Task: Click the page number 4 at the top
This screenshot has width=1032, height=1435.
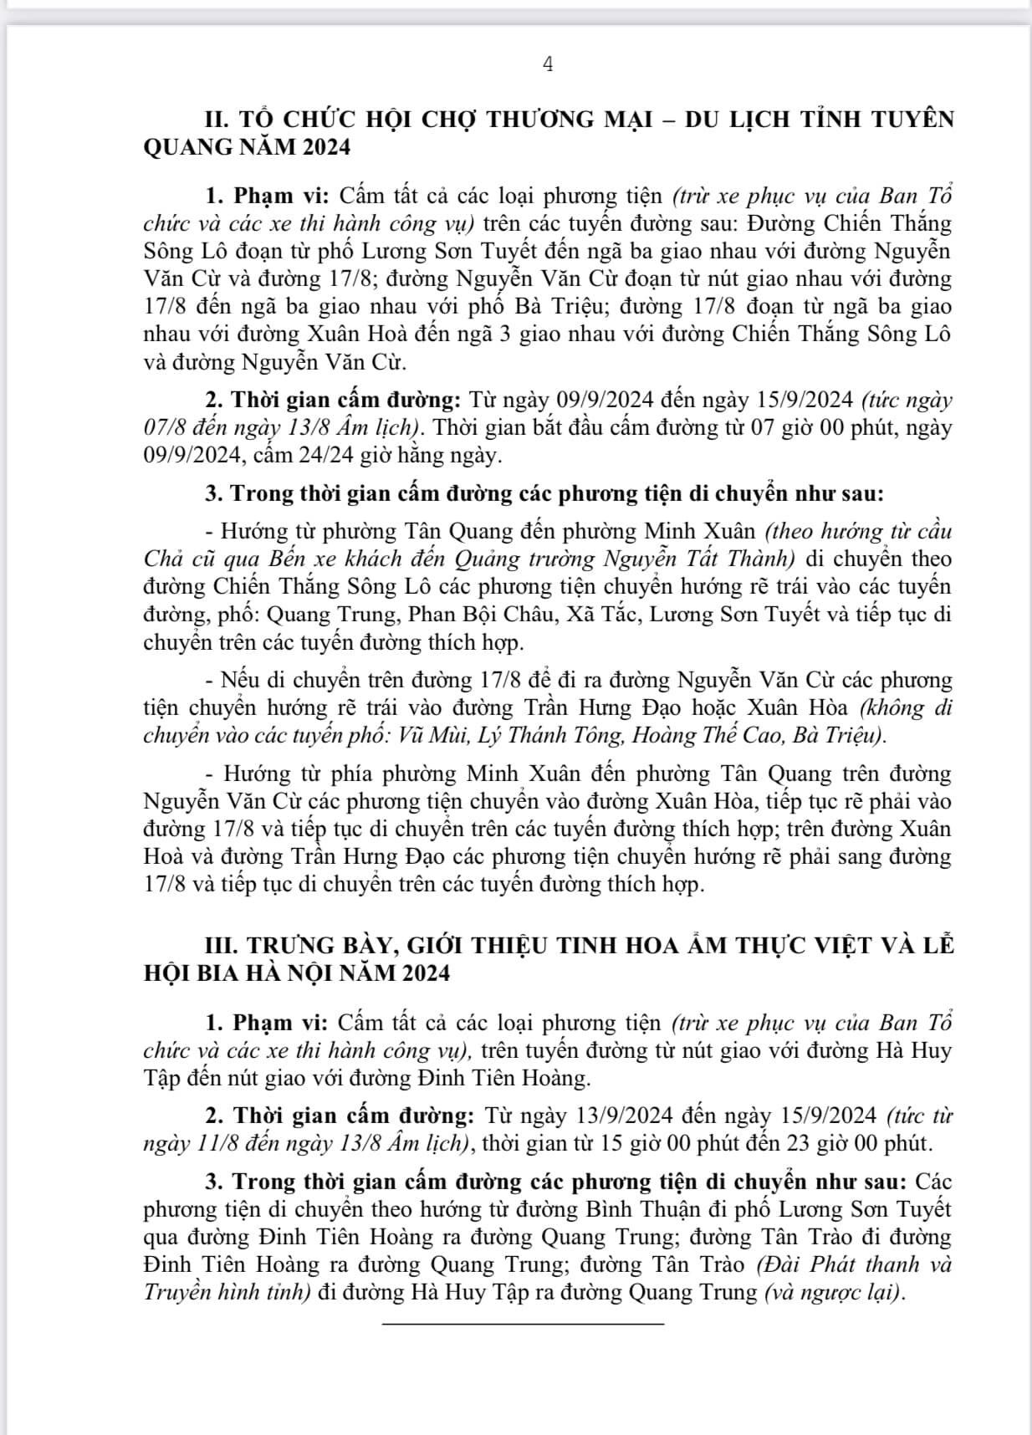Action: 548,65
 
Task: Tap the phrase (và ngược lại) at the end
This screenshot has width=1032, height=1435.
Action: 834,1292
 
